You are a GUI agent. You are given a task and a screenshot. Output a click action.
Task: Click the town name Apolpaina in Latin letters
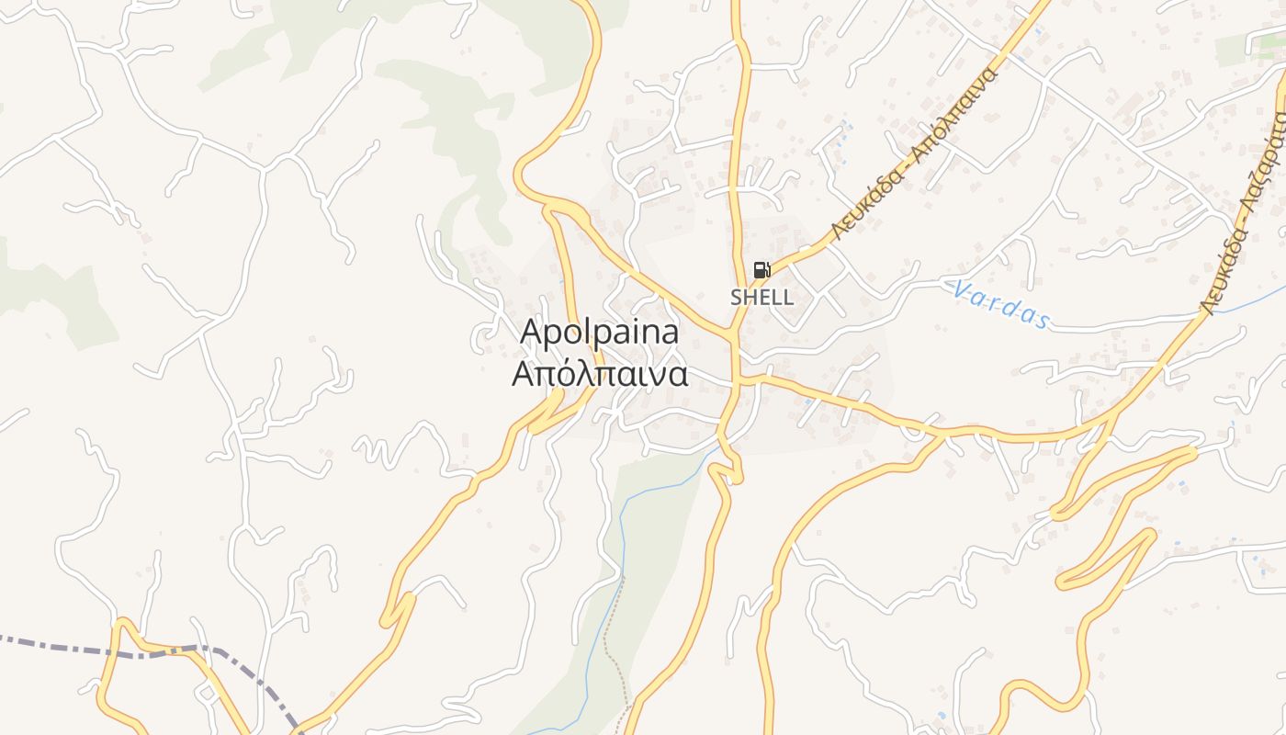point(600,333)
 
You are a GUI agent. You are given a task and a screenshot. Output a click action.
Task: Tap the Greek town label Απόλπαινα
point(600,374)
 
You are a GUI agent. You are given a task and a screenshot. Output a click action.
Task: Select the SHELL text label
point(761,298)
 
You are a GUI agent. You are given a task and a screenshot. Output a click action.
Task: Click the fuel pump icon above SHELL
point(761,270)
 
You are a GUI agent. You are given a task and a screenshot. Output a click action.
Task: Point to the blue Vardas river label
point(1000,305)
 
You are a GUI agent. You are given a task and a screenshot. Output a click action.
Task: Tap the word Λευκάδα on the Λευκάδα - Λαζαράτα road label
point(1225,266)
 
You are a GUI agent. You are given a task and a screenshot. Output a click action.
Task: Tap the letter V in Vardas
point(961,290)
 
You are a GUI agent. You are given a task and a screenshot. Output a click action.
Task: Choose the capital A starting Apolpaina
point(530,333)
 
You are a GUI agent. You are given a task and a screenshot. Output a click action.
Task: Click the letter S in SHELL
point(736,298)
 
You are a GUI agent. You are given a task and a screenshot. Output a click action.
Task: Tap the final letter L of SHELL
point(787,298)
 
